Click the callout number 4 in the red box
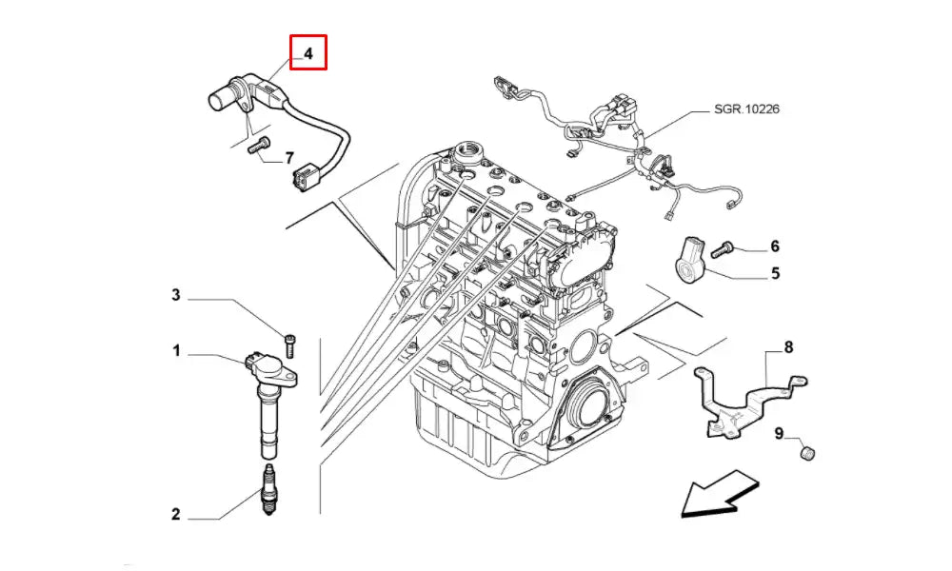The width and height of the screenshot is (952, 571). (x=308, y=52)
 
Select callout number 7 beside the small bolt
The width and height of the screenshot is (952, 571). (x=289, y=158)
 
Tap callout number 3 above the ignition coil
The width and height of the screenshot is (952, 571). (x=175, y=295)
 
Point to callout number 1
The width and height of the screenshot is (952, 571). (x=176, y=352)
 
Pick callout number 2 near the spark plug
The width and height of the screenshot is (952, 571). (x=175, y=515)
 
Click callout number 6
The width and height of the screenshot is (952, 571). (x=775, y=247)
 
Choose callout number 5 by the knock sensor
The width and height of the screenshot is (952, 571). (x=775, y=274)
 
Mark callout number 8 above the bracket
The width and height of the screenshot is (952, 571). (x=788, y=348)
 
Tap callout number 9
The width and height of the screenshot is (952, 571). (x=779, y=435)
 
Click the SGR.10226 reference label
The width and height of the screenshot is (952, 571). (x=747, y=109)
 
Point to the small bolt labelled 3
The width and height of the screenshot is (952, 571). (x=288, y=338)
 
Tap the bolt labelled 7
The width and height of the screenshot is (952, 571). (x=258, y=147)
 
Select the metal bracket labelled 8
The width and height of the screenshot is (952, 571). (x=743, y=400)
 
